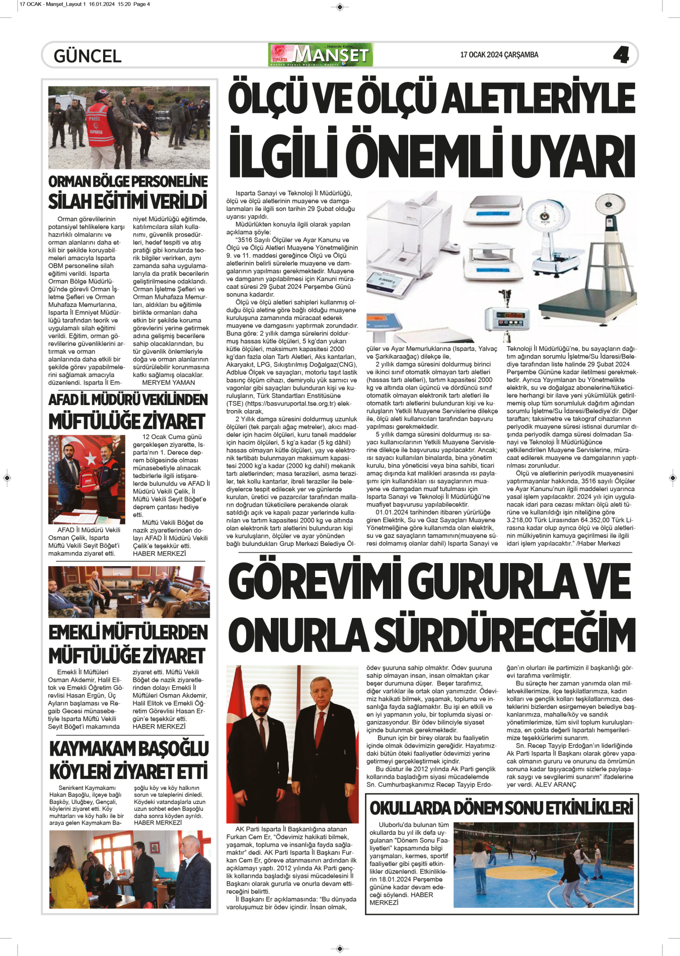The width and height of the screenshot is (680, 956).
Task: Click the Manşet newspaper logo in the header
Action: (x=321, y=55)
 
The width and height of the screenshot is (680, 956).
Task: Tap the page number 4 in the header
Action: (x=621, y=55)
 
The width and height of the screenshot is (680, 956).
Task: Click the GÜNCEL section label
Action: (x=88, y=56)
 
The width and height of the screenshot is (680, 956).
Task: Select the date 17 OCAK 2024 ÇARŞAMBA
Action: (x=499, y=55)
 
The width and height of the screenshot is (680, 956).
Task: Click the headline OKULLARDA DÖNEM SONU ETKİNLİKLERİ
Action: (x=501, y=808)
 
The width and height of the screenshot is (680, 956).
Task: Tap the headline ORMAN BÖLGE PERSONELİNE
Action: (x=128, y=182)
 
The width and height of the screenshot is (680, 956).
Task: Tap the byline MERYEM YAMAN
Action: (x=168, y=382)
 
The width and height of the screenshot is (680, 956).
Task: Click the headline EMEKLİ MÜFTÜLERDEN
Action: (x=128, y=632)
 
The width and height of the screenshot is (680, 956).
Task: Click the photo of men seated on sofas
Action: (x=129, y=592)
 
